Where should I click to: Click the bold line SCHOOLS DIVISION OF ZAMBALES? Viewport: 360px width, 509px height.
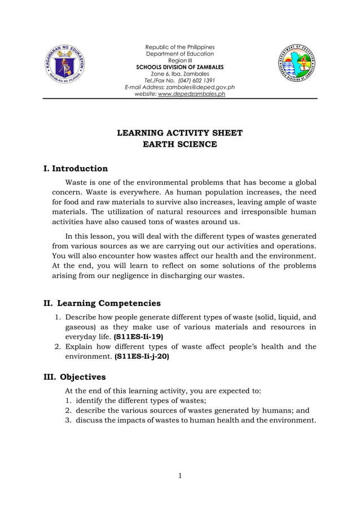pos(179,67)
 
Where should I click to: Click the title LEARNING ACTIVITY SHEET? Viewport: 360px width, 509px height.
pos(179,133)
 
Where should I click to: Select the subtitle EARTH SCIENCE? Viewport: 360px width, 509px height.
pos(179,145)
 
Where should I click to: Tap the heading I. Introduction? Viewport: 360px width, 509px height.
pos(76,169)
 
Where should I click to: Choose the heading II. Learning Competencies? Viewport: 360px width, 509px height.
pos(102,304)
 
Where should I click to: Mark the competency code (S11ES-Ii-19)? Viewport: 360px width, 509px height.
pos(138,336)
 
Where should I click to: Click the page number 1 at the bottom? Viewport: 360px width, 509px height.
pos(179,476)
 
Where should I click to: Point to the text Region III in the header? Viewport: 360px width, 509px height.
pos(179,60)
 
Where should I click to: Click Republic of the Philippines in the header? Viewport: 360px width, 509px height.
pos(179,47)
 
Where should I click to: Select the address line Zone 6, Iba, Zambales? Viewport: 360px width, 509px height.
pos(179,74)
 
